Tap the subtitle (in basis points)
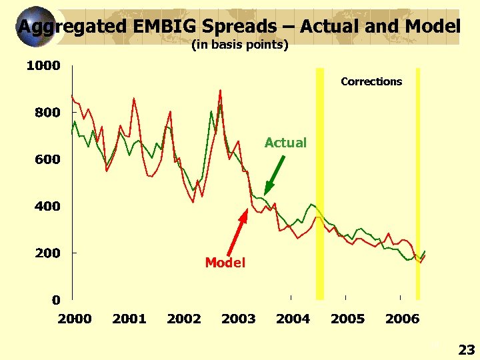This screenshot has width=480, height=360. pos(240,45)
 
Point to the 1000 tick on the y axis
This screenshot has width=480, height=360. pos(43,65)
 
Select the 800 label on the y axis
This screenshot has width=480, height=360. pos(47,113)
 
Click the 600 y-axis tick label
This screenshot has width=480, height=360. pos(47,159)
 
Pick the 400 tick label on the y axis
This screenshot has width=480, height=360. pos(47,206)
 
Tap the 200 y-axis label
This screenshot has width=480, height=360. pos(47,253)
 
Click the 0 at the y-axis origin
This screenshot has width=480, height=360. pos(56,300)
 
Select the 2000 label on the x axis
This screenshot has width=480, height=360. pos(75,319)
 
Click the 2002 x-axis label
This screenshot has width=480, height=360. pos(184,319)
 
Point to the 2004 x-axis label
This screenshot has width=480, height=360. pos(293,319)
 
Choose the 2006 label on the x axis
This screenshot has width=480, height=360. pos(403,319)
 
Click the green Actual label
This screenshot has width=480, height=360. pos(285,143)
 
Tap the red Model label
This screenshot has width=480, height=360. pos(225,263)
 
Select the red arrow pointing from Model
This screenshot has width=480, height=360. pos(237,233)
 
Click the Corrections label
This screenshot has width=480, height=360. pos(371,81)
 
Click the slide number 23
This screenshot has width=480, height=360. pos(466,349)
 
